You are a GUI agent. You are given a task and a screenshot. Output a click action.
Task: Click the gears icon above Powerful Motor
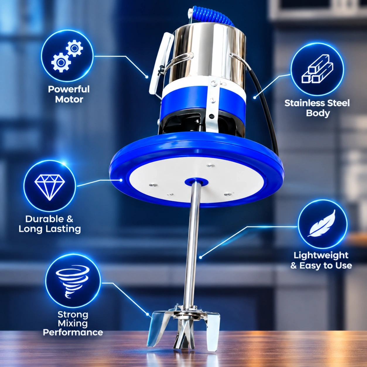point(67,56)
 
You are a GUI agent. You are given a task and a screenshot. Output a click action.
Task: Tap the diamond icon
point(50,187)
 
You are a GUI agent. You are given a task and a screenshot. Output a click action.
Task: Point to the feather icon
point(322,223)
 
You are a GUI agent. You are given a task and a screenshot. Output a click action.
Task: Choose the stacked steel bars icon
point(317,69)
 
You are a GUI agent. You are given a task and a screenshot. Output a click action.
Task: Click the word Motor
point(69,99)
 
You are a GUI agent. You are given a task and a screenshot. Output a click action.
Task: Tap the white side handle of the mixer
point(161,64)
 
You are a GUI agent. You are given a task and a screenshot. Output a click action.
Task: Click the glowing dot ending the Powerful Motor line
point(147,77)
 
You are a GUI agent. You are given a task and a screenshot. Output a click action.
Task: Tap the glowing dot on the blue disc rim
point(121,180)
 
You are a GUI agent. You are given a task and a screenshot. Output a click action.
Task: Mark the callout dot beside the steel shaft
point(200,257)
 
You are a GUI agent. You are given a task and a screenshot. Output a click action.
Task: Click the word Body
point(318,113)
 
